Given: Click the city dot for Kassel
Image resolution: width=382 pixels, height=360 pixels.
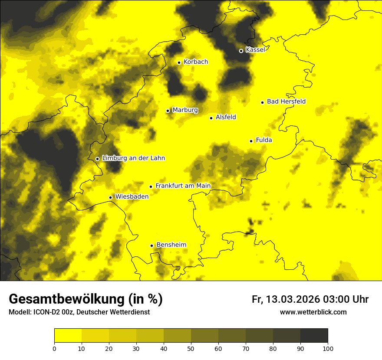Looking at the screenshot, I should [241, 51].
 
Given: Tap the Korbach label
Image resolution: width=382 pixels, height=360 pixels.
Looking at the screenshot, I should [196, 62].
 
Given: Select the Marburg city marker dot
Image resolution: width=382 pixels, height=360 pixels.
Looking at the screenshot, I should [168, 111].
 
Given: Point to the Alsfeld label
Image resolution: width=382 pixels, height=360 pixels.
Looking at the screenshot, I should [226, 117].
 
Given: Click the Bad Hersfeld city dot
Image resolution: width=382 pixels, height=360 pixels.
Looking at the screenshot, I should [262, 102].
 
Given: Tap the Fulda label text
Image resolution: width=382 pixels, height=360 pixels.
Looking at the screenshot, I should [264, 140].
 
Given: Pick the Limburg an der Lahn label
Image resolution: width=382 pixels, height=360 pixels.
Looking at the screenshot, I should [133, 158].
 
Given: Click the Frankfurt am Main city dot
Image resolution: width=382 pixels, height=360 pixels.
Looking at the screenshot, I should [151, 187].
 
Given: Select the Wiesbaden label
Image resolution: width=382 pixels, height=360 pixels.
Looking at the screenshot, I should [132, 196].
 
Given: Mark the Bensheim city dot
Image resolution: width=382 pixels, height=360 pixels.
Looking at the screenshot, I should [151, 245].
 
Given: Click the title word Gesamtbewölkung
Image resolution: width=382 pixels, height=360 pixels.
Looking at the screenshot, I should [67, 299].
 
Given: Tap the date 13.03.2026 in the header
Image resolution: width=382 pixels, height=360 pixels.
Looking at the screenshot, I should [293, 299].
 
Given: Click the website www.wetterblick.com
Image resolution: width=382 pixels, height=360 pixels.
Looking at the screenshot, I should [313, 312].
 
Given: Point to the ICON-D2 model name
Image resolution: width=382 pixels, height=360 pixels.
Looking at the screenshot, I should [45, 312].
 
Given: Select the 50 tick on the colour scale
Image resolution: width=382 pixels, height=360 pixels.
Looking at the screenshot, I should [191, 348].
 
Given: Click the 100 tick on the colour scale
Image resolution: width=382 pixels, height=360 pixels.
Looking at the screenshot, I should [328, 348].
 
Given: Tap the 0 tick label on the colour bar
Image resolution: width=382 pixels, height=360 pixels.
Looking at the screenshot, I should [54, 348].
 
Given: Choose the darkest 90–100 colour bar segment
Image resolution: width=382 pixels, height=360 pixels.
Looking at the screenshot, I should [314, 336].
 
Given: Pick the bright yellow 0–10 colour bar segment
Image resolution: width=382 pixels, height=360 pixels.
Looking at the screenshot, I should [68, 336].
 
